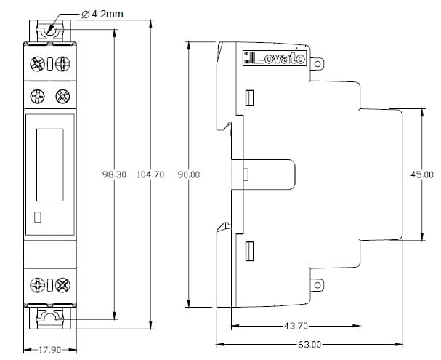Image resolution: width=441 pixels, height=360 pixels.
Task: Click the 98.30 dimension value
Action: point(114,175)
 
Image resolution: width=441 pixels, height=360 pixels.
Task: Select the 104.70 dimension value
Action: point(150,175)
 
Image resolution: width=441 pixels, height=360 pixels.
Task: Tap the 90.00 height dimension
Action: point(189,175)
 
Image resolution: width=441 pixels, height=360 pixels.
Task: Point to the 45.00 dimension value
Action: point(422,175)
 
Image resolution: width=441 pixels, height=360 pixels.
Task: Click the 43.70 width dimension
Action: point(296,326)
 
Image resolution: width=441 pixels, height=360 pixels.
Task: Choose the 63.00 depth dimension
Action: point(309,344)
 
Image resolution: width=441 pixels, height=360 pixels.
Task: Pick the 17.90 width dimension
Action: point(50,350)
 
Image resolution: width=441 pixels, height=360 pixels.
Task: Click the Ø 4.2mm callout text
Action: point(102,14)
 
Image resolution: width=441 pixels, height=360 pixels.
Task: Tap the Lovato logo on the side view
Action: point(274,58)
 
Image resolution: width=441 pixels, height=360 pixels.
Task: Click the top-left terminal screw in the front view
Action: point(37,64)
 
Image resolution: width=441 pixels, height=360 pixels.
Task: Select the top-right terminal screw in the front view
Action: point(62,64)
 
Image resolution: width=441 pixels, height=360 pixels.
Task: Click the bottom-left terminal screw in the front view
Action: point(37,285)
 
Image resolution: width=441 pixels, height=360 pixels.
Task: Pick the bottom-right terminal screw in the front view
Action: point(62,285)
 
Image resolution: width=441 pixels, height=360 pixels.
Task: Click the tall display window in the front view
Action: point(50,165)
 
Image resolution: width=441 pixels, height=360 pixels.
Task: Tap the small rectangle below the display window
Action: point(37,217)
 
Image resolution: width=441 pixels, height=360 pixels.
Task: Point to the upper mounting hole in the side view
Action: point(317,64)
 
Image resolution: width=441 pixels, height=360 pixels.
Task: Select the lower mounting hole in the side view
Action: point(317,285)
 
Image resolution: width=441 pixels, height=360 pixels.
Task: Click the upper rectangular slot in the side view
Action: point(249,98)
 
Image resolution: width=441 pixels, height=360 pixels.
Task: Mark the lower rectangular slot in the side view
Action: point(249,251)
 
